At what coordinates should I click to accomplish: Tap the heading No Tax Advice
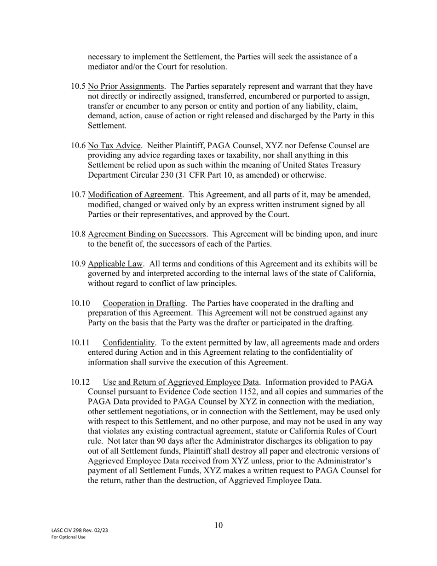pyautogui.click(x=114, y=146)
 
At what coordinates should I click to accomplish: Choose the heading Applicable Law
pyautogui.click(x=115, y=264)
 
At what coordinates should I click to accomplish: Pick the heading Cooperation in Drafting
pyautogui.click(x=144, y=304)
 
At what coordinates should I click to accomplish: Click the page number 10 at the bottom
pyautogui.click(x=218, y=526)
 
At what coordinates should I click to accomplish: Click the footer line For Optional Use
pyautogui.click(x=68, y=537)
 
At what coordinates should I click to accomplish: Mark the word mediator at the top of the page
pyautogui.click(x=105, y=67)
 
